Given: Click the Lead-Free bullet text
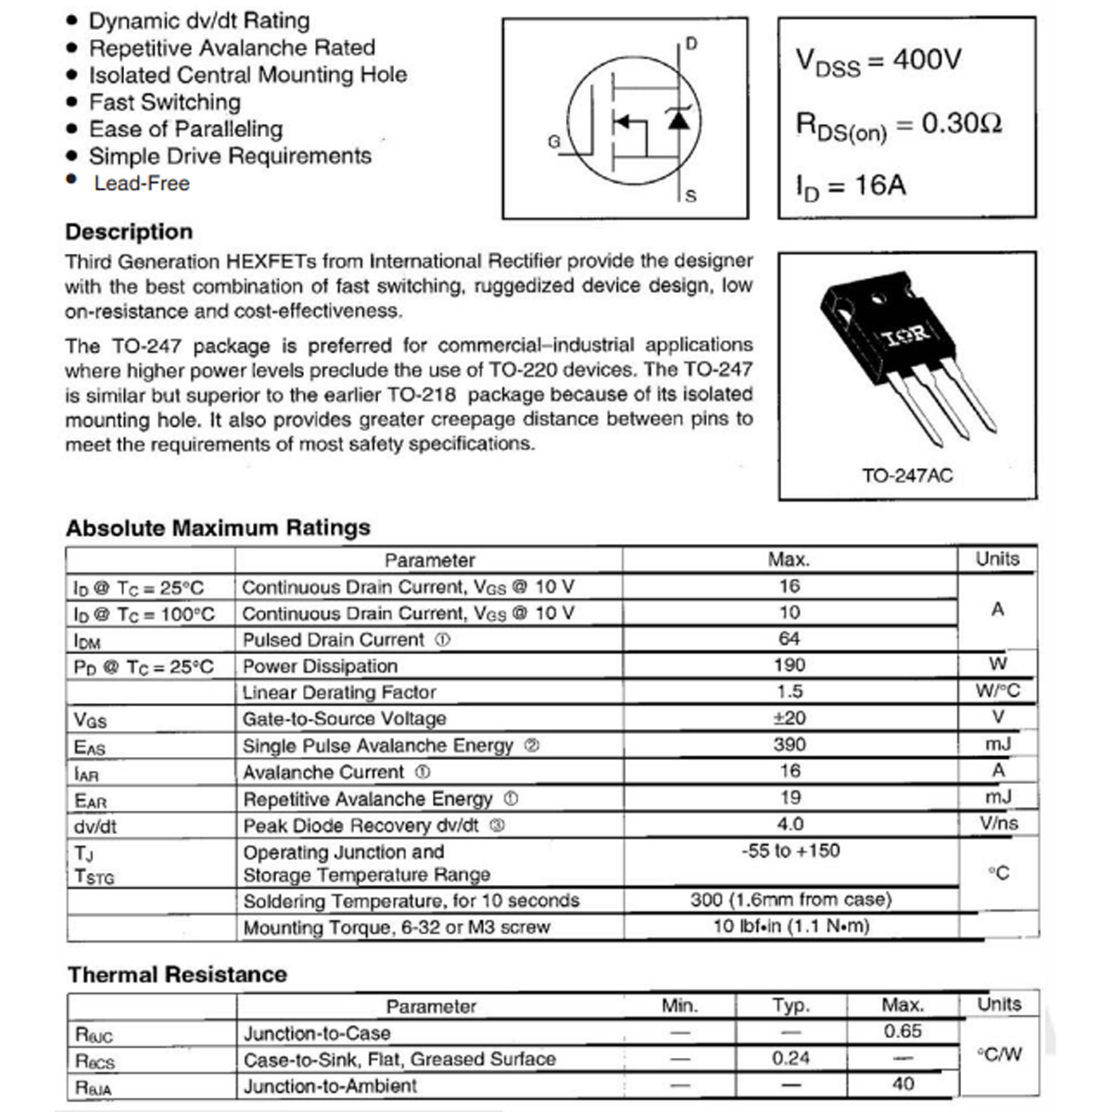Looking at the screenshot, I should click(142, 183).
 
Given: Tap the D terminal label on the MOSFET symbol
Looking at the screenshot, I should click(691, 44).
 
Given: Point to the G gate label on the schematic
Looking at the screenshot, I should click(554, 142).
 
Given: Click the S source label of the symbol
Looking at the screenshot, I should click(690, 196).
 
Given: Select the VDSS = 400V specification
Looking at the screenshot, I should click(878, 62).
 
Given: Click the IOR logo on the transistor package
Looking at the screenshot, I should click(904, 335).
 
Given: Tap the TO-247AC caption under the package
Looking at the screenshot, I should click(906, 476).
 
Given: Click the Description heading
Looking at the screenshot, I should click(129, 232).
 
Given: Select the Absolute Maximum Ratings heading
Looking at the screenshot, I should click(218, 528).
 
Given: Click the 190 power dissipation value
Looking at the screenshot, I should click(790, 665).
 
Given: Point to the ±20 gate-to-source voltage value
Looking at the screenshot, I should click(790, 718).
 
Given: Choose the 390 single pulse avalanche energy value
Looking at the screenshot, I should click(790, 745).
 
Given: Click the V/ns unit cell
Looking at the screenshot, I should click(998, 824).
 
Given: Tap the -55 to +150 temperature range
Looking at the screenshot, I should click(790, 851).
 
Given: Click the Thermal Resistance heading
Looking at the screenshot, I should click(177, 975).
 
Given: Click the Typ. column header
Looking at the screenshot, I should click(790, 1006).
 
